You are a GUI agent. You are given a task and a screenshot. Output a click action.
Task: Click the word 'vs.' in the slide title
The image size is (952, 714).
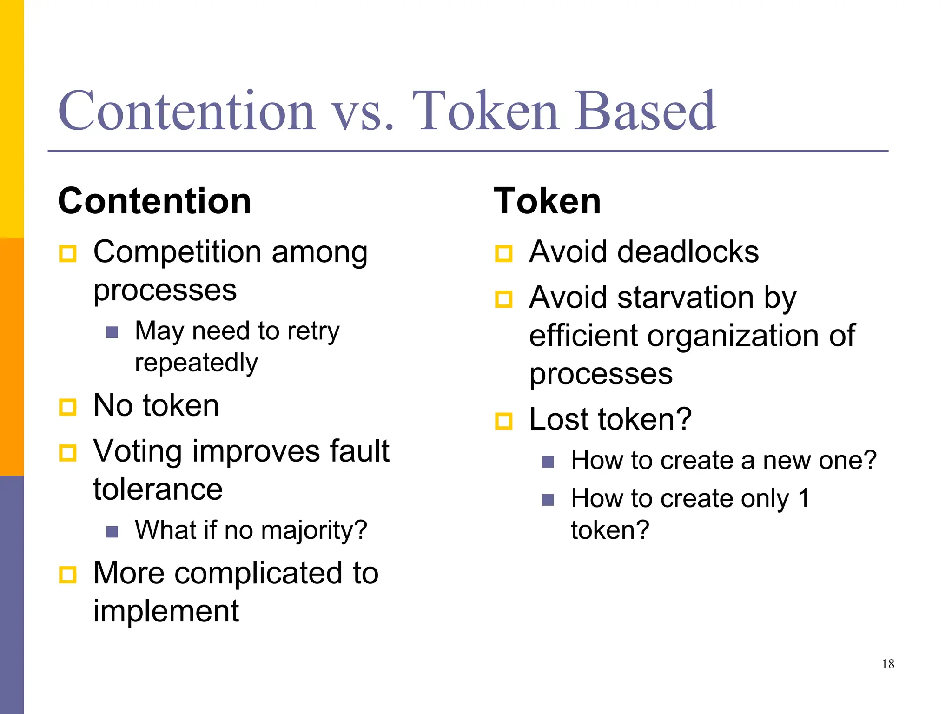coord(363,112)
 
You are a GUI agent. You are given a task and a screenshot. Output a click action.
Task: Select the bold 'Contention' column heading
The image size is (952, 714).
coord(154,201)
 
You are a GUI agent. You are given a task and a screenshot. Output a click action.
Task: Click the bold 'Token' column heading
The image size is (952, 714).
coord(547,201)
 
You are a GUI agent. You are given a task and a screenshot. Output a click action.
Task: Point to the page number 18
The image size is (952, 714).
coord(888,664)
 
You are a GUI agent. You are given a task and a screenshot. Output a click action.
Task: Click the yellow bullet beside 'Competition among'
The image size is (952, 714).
coord(68,254)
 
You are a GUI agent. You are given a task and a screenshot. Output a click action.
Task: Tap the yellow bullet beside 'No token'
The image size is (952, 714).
coord(68,407)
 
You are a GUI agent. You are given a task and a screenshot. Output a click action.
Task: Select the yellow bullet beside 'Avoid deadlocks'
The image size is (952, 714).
coord(503,254)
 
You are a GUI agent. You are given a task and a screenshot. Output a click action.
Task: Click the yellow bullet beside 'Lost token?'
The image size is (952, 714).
coord(503,421)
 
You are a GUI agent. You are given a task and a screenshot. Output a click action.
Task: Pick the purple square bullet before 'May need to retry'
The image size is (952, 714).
coord(112,332)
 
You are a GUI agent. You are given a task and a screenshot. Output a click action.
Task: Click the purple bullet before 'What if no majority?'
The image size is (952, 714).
coord(112,531)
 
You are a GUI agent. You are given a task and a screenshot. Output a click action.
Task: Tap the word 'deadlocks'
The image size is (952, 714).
coord(694,252)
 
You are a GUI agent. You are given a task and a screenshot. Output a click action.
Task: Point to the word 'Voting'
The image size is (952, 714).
coord(138,452)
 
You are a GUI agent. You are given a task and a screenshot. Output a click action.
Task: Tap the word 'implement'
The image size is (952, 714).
coord(166,611)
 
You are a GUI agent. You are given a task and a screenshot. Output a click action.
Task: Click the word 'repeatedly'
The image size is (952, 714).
coord(196,363)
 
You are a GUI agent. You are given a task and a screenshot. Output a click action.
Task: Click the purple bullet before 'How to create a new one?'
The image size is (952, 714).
coord(548,462)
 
